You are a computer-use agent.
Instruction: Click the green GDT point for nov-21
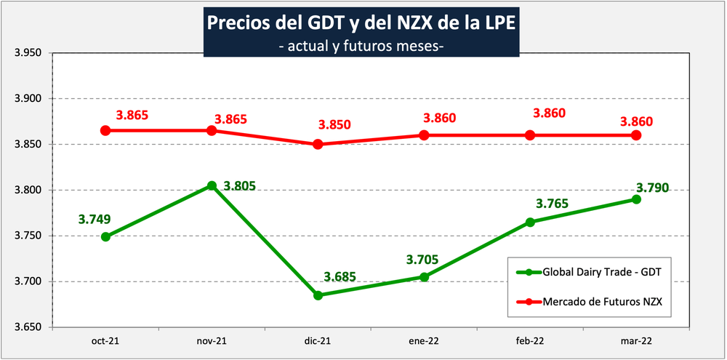pos(212,185)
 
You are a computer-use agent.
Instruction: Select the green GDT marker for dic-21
pos(318,295)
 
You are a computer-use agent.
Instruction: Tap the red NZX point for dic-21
pos(318,144)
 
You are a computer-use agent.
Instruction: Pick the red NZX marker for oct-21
pos(105,130)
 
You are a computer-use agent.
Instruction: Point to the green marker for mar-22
pos(636,199)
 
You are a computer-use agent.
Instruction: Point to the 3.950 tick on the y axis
pos(27,53)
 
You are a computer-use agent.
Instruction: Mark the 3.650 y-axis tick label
pos(27,327)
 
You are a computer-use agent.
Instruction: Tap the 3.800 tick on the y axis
pos(27,191)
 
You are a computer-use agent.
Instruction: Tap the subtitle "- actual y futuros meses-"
pos(361,47)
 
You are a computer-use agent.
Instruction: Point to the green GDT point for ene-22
pos(424,277)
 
